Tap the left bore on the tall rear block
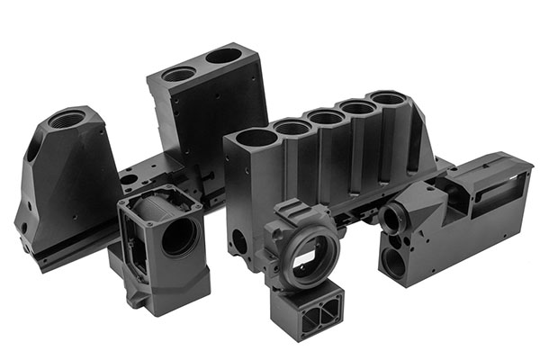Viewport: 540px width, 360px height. click(180, 74)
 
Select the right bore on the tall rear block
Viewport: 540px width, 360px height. click(223, 56)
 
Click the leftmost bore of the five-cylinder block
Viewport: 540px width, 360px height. click(251, 137)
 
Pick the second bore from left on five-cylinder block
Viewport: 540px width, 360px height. click(291, 127)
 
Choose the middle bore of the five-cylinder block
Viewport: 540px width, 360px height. click(323, 116)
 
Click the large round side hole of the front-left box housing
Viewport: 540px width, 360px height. click(179, 237)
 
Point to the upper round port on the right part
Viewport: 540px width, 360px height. click(393, 219)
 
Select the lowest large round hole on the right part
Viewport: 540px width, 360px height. click(392, 264)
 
